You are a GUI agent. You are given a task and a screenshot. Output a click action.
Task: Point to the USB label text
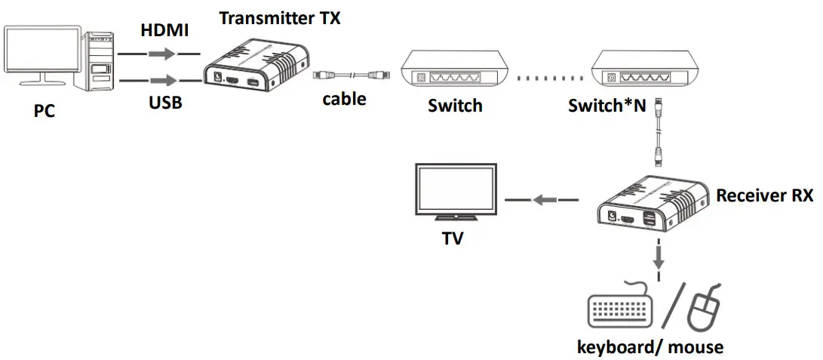[x=165, y=102]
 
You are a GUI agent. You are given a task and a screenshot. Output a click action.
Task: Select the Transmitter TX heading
[x=280, y=17]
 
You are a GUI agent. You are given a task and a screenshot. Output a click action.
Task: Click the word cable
[x=344, y=98]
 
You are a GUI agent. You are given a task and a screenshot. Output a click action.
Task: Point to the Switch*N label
[x=607, y=105]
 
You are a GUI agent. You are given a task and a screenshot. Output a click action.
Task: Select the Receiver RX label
[x=764, y=195]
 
